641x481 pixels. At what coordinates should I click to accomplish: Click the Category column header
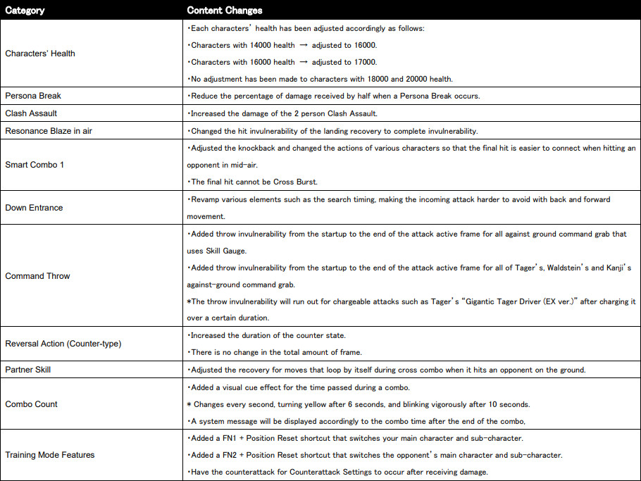click(x=25, y=11)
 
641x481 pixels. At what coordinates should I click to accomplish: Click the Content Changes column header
click(x=225, y=11)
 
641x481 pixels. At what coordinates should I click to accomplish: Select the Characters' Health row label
click(x=39, y=54)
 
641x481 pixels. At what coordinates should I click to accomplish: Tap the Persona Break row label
click(x=33, y=96)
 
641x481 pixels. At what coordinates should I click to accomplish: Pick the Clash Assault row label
click(x=31, y=113)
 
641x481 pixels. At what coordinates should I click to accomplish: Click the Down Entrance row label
click(x=34, y=208)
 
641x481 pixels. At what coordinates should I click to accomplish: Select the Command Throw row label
click(x=37, y=276)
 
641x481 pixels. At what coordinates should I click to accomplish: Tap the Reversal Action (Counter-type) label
click(x=63, y=344)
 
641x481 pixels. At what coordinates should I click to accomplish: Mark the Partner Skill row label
click(x=28, y=369)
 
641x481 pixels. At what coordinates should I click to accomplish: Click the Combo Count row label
click(x=32, y=404)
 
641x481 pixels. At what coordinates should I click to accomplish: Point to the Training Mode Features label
click(x=49, y=455)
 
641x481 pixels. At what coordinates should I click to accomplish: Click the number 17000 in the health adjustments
click(x=363, y=62)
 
